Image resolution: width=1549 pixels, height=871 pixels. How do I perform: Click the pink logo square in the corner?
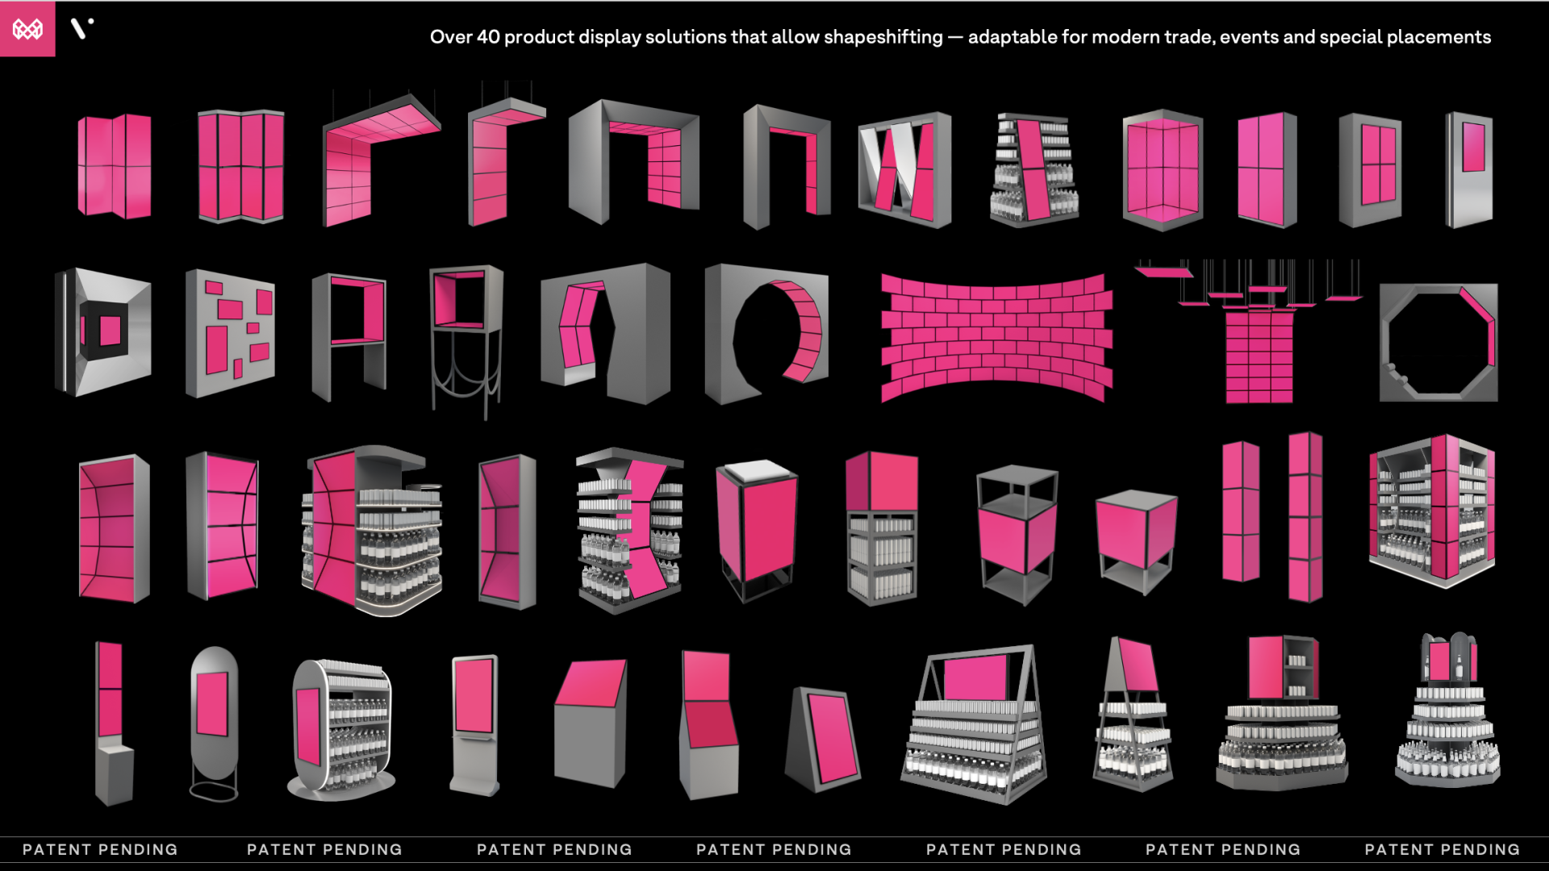(x=27, y=29)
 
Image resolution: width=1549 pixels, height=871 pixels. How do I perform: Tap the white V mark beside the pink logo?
(x=81, y=28)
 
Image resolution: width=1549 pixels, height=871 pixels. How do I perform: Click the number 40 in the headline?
(x=488, y=37)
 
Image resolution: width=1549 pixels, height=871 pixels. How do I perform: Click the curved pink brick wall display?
(x=996, y=338)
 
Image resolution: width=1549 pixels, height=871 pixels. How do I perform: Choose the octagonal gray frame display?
(x=1438, y=342)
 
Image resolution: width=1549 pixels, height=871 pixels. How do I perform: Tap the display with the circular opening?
(x=766, y=333)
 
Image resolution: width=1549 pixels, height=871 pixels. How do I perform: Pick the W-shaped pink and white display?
(x=904, y=170)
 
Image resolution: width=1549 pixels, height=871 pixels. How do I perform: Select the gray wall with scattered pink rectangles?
(x=230, y=333)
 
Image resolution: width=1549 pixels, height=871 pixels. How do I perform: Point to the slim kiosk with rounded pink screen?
(x=474, y=724)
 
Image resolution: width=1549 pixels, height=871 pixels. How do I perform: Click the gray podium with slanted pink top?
(x=591, y=723)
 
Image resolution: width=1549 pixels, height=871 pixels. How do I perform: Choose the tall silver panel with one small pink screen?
(x=1469, y=170)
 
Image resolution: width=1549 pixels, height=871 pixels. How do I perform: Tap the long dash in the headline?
(x=955, y=37)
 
